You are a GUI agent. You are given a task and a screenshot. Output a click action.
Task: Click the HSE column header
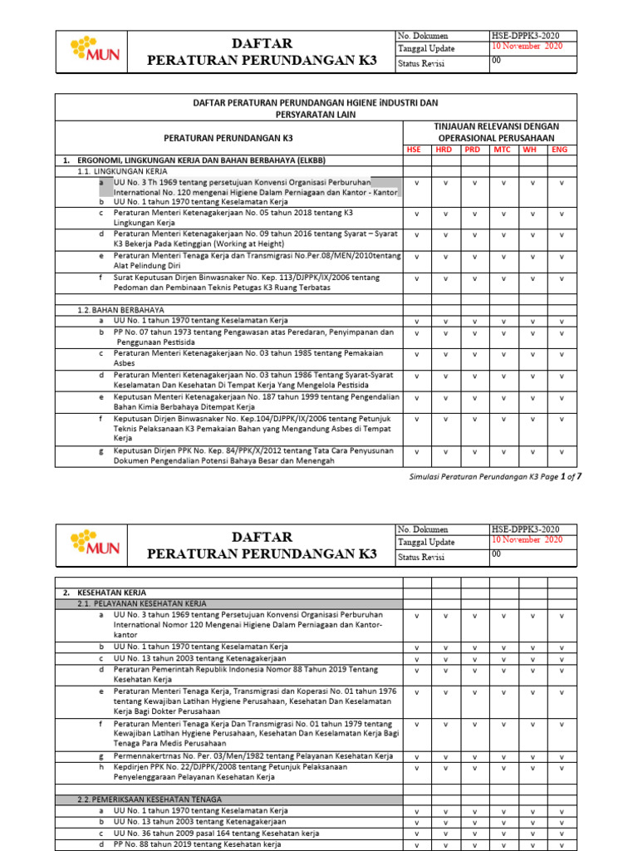coord(414,150)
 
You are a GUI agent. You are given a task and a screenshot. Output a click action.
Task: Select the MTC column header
coord(502,150)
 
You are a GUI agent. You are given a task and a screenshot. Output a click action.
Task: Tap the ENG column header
coord(560,150)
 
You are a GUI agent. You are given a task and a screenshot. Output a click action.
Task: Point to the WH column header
coord(529,150)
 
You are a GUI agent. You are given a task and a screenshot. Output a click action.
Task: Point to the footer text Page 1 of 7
coord(564,477)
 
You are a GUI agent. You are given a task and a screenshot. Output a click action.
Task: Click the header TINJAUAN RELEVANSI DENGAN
coord(497,126)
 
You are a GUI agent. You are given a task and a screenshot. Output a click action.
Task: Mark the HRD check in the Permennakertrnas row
coord(445,756)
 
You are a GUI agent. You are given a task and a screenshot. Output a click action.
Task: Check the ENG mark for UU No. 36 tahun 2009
coord(562,833)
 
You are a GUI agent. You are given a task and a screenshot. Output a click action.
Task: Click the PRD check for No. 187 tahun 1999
coord(474,397)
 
